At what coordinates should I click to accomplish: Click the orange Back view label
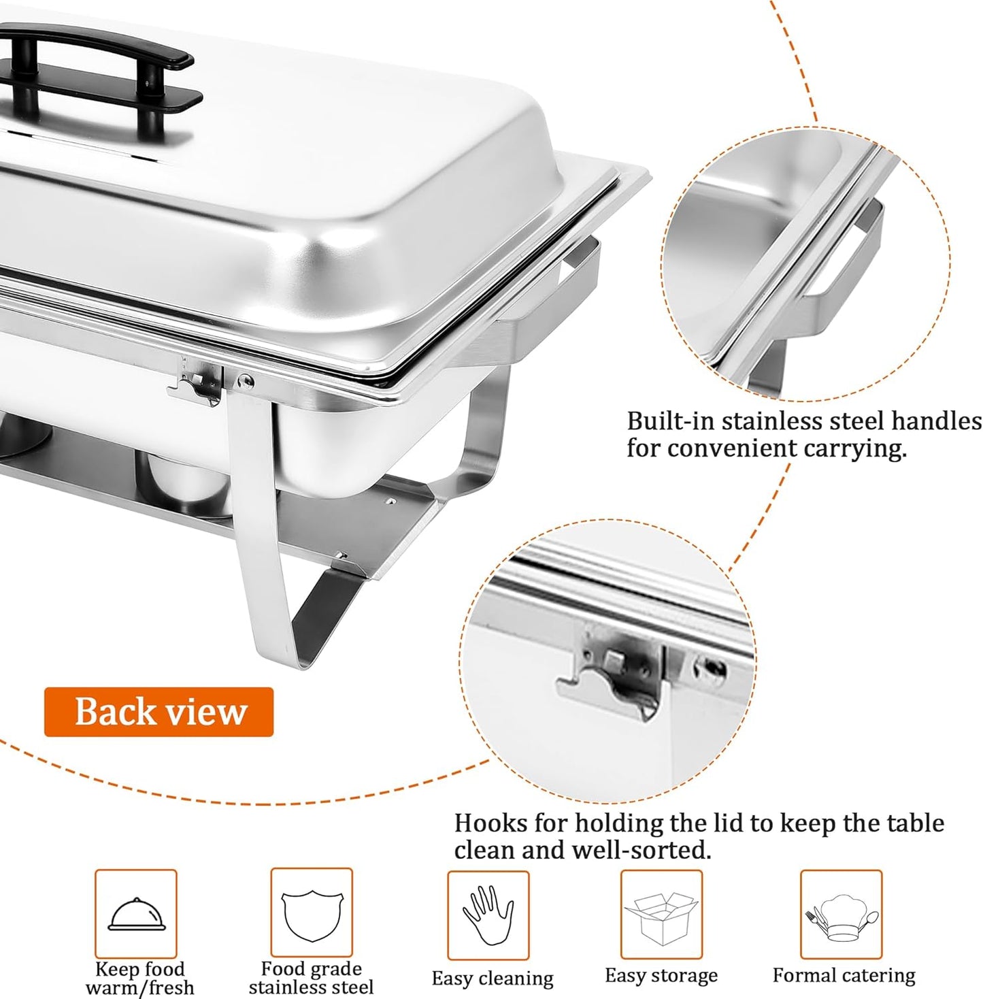coord(159,712)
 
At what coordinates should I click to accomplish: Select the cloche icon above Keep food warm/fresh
coord(137,914)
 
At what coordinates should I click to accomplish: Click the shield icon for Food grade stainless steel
coord(312,914)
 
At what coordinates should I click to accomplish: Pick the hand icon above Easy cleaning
coord(488,915)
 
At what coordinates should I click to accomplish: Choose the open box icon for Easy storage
coord(661,915)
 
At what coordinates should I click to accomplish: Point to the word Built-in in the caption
coord(671,421)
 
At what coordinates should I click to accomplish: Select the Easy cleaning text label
coord(493,979)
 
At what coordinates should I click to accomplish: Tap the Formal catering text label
coord(844,976)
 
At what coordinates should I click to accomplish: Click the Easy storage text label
coord(661,976)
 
